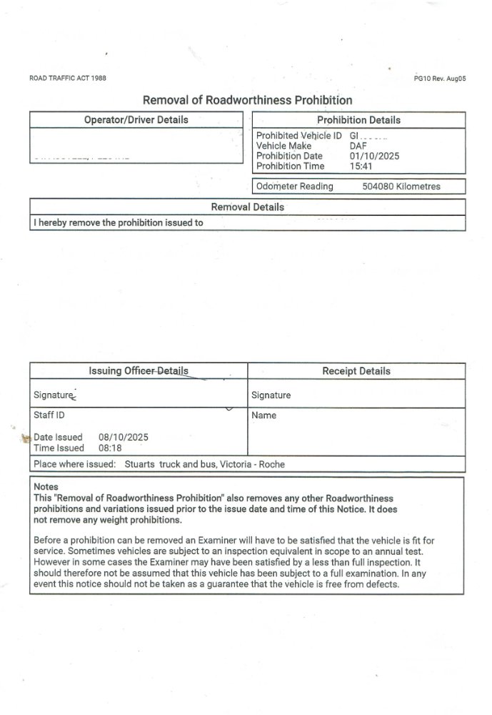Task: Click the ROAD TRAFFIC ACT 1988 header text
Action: pos(68,78)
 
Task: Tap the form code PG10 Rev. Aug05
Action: pos(439,79)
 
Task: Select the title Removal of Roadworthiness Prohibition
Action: pos(248,100)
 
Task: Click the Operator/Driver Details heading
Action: pos(136,120)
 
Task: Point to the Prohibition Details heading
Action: pos(358,120)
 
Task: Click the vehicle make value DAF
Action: pos(358,146)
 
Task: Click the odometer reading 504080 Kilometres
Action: pos(401,187)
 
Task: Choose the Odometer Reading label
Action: pos(295,187)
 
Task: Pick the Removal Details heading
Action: pos(248,207)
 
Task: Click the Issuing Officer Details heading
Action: pos(139,371)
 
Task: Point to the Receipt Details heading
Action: pos(356,371)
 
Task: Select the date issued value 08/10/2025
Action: pos(118,437)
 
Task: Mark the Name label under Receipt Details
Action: pos(263,415)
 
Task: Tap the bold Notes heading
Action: pos(46,487)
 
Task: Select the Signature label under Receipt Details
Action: pos(271,395)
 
